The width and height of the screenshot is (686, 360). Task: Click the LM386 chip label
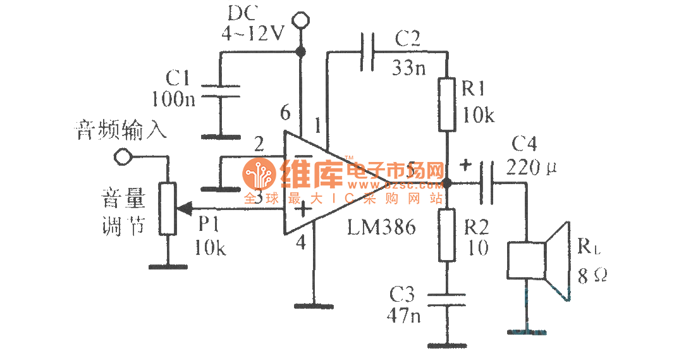tap(381, 228)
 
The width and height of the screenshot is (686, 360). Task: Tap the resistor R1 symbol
tap(446, 104)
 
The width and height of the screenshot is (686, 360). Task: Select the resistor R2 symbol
tap(446, 235)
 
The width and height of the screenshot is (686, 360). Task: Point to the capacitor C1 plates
tap(221, 92)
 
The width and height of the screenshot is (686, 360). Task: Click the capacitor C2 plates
tap(367, 51)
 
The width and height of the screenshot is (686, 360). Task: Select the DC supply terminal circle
tap(301, 22)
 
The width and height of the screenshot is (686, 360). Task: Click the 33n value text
tap(410, 68)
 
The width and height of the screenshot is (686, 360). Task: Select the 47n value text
tap(405, 315)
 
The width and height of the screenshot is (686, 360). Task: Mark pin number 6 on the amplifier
tap(286, 114)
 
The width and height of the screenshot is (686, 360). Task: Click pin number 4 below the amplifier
tap(300, 242)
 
